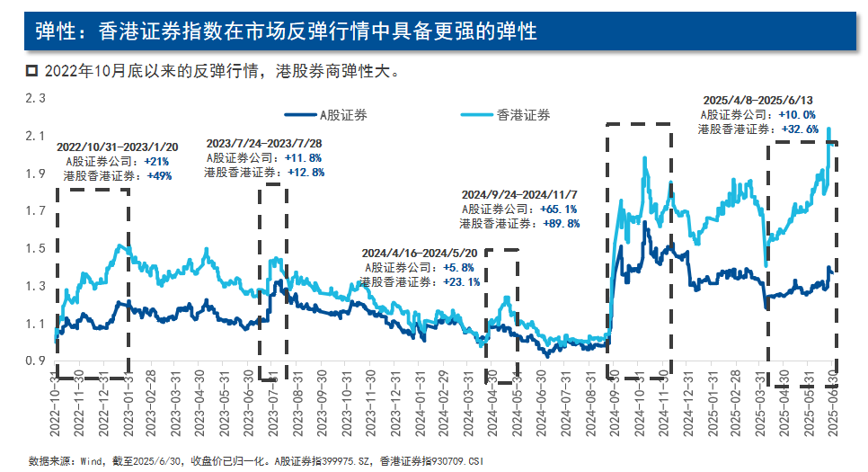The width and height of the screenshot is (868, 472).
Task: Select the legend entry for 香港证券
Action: [523, 115]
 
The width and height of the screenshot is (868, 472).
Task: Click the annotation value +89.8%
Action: [560, 223]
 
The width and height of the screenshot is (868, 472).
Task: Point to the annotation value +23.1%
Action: [461, 281]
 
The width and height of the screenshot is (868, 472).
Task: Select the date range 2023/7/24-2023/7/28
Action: [264, 143]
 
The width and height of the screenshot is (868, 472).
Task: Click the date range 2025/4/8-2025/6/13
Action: [760, 100]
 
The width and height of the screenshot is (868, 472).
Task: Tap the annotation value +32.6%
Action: [801, 129]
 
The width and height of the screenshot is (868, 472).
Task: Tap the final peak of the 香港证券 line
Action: [828, 129]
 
